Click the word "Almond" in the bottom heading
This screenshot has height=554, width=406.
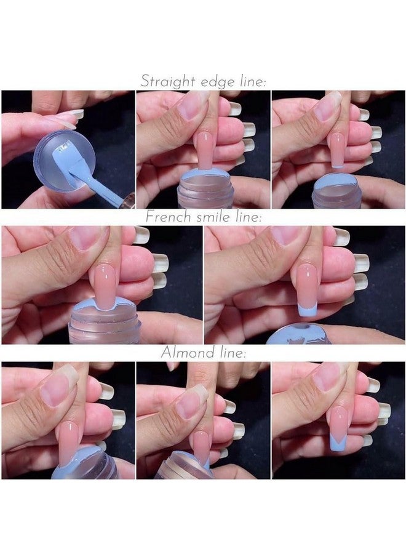tap(183, 353)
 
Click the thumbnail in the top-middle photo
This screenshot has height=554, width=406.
tap(192, 106)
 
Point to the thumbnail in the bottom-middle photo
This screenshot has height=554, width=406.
tap(193, 402)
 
